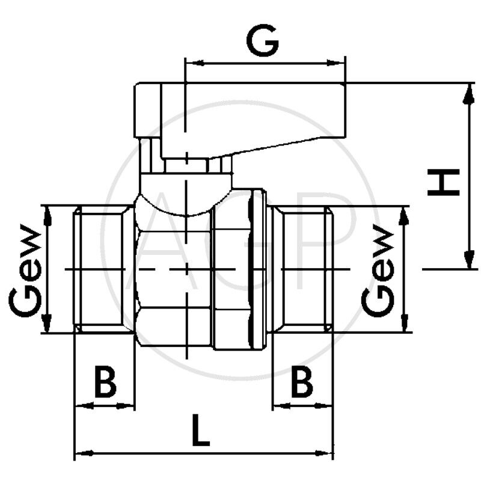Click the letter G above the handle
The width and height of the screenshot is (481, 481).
click(263, 41)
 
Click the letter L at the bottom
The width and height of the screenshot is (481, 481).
click(201, 430)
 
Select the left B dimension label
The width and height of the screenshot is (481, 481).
click(106, 382)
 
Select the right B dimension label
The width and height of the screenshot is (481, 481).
click(302, 382)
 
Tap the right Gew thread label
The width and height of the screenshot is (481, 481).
click(378, 271)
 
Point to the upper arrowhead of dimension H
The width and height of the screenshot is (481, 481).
click(468, 94)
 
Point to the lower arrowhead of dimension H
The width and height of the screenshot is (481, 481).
click(468, 259)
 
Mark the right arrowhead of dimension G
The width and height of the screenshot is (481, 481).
click(335, 63)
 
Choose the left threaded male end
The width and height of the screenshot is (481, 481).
click(104, 269)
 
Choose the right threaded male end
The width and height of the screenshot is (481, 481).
click(302, 269)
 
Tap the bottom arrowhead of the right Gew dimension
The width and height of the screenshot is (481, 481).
click(405, 322)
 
